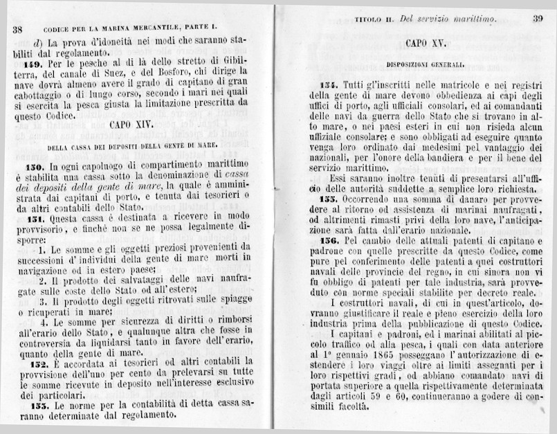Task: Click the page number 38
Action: point(18,30)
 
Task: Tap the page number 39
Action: point(538,19)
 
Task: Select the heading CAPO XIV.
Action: point(132,127)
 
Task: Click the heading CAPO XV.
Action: point(425,44)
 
